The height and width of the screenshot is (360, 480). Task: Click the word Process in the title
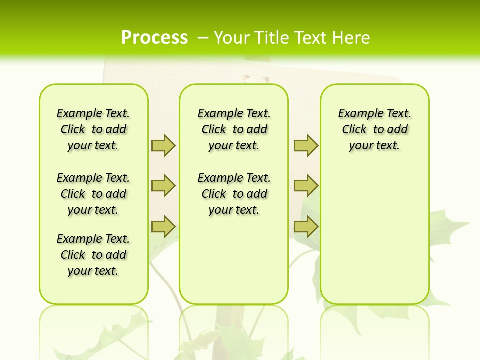pos(154,37)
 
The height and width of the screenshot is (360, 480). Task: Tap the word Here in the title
pos(351,38)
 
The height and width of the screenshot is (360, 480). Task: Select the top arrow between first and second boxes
pos(163,146)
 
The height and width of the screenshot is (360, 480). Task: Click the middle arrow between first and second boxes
pos(163,186)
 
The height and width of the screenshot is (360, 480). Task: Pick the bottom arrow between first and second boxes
pos(163,227)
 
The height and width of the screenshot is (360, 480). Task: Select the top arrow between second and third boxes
pos(306,146)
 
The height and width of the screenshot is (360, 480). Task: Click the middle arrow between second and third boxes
pos(306,186)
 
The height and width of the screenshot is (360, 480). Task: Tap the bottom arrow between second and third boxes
pos(306,227)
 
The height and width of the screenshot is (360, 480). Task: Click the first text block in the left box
pos(93,129)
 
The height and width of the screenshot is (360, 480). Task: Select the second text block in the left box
pos(93,194)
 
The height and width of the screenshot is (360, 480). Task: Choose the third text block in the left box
pos(93,255)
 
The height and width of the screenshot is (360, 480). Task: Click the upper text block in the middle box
pos(234,129)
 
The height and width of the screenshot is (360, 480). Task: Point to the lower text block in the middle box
pos(234,194)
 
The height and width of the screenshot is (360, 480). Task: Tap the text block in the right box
pos(374,129)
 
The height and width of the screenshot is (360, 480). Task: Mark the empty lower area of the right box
pos(374,235)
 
